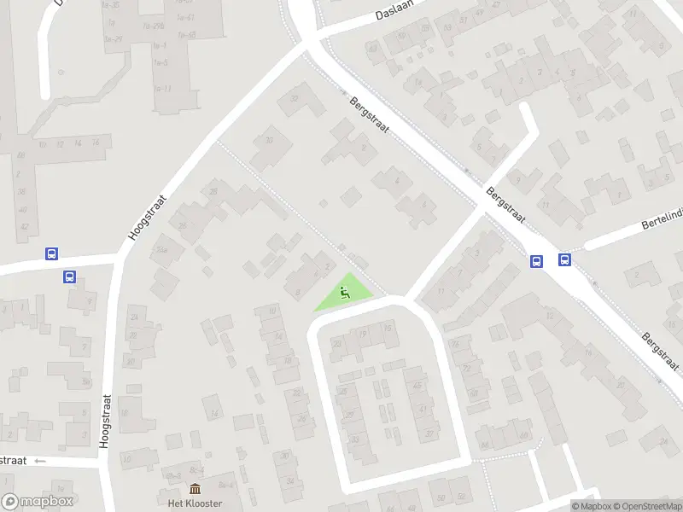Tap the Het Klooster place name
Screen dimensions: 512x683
coord(195,503)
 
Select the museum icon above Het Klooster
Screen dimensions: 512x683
coord(195,489)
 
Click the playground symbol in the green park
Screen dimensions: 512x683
coord(345,294)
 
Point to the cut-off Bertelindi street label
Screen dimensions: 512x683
coord(662,224)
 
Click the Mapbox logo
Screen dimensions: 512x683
coord(38,502)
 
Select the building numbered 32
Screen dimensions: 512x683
coord(295,99)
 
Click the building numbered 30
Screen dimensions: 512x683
coord(269,141)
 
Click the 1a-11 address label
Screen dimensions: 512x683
coord(163,89)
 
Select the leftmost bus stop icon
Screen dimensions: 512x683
coord(51,253)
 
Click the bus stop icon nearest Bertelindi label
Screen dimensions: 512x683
coord(564,260)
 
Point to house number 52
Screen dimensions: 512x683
coord(461,496)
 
